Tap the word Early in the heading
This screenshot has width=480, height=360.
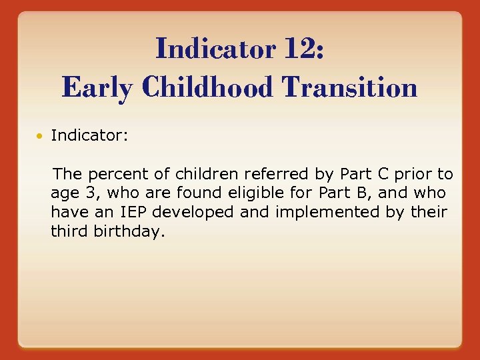tap(95, 87)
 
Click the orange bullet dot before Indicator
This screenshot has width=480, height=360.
tap(41, 137)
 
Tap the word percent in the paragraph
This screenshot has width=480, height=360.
tap(125, 175)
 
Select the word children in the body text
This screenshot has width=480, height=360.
tap(208, 175)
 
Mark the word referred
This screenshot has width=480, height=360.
tap(277, 175)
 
